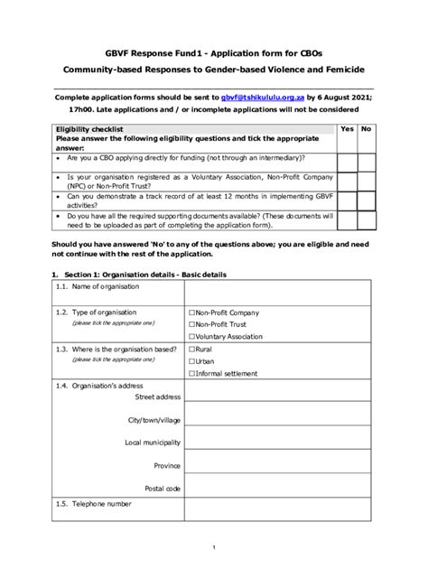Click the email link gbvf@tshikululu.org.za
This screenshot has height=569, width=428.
262,96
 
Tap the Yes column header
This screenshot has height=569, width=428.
346,129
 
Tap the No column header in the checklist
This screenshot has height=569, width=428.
366,129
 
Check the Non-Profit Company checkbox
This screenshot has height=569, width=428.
191,312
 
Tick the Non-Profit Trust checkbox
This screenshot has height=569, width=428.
191,324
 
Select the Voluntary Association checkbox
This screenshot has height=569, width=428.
191,336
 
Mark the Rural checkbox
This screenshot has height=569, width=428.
191,349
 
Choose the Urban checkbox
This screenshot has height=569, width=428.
191,360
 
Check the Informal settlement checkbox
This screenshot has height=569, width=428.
191,372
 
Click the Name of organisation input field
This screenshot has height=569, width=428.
279,292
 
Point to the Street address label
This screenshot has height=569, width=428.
157,396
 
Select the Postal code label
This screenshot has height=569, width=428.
164,488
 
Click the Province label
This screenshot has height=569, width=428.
167,465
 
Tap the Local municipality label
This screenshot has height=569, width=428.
153,443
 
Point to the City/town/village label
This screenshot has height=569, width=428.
154,420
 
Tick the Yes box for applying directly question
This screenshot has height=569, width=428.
346,162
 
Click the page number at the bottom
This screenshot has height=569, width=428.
214,547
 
